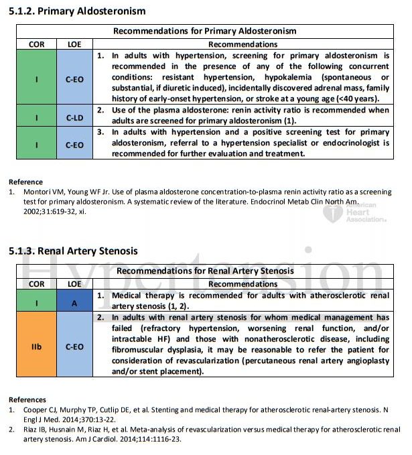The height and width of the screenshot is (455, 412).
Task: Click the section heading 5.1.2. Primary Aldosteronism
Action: pyautogui.click(x=77, y=11)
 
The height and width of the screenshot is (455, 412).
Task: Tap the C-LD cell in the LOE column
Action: pyautogui.click(x=75, y=117)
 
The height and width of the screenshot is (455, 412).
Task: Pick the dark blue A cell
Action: pyautogui.click(x=75, y=302)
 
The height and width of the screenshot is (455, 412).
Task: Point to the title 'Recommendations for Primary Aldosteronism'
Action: pyautogui.click(x=204, y=31)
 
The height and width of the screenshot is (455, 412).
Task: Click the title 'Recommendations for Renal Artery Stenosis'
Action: pyautogui.click(x=205, y=271)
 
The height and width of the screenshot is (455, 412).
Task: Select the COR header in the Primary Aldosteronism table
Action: pyautogui.click(x=36, y=44)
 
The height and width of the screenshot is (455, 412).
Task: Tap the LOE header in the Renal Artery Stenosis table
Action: pyautogui.click(x=75, y=284)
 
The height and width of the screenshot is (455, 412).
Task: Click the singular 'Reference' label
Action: pyautogui.click(x=25, y=182)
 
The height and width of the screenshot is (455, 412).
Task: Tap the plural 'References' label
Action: pyautogui.click(x=27, y=399)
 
